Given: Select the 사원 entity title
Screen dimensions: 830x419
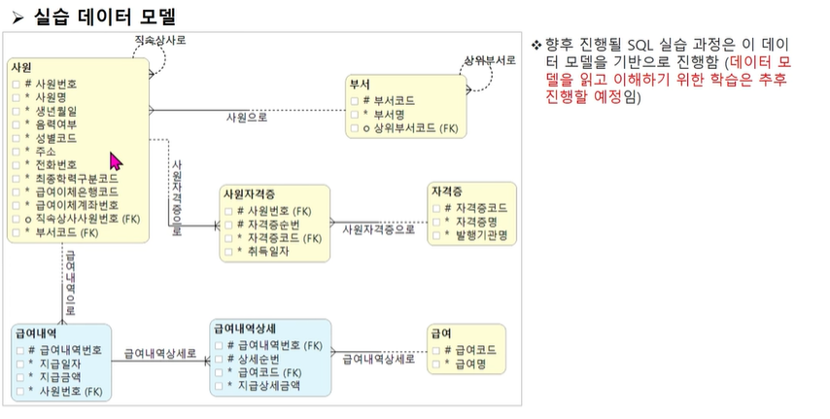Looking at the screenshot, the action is pyautogui.click(x=21, y=67).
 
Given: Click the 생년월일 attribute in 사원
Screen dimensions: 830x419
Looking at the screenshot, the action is pyautogui.click(x=57, y=111).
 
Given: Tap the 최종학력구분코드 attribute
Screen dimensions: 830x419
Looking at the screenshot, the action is pyautogui.click(x=77, y=179).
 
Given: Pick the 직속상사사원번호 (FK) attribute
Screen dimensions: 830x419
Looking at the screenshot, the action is pyautogui.click(x=88, y=220).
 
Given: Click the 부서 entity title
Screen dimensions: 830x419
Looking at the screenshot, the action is pyautogui.click(x=359, y=85).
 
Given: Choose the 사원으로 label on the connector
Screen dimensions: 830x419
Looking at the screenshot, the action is pyautogui.click(x=246, y=118).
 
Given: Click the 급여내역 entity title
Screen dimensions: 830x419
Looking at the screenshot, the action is pyautogui.click(x=32, y=333).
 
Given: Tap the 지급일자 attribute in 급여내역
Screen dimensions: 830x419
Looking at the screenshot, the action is pyautogui.click(x=61, y=364).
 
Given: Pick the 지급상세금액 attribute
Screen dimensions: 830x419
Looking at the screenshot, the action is pyautogui.click(x=269, y=385).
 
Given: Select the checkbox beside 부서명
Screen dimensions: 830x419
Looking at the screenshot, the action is pyautogui.click(x=355, y=114).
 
